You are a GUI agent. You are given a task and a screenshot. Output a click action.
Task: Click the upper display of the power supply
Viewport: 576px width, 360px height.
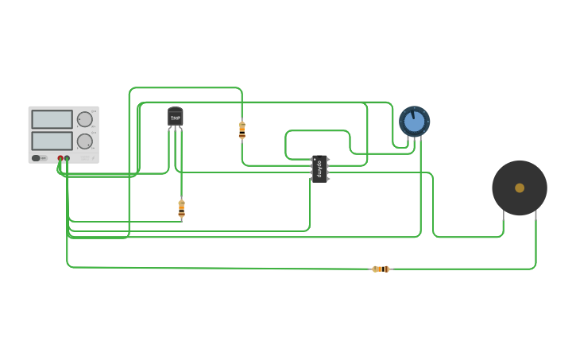pos(52,119)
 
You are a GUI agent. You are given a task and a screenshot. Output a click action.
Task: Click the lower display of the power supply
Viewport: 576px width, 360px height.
pos(52,141)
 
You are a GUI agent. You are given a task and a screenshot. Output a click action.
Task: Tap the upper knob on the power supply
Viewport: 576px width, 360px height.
pos(84,119)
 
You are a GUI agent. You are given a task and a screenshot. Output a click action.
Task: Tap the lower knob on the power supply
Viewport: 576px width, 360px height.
pos(84,141)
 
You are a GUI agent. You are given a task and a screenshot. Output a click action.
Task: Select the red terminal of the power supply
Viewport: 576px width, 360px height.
pos(60,158)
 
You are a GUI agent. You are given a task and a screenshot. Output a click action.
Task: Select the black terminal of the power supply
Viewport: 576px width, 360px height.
pos(67,158)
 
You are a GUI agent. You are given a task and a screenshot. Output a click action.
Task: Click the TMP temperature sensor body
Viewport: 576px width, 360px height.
pos(176,117)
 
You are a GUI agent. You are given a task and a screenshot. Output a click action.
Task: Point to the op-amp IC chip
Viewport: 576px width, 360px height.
pos(319,168)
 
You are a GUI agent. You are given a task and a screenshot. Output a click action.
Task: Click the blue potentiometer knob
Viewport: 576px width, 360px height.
pos(414,122)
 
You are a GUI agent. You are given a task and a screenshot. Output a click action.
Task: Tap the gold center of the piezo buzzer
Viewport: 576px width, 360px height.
pos(520,188)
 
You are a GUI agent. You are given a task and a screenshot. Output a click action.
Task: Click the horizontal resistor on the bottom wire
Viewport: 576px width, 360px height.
pos(381,269)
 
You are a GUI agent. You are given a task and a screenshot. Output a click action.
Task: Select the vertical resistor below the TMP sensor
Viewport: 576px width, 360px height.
pos(181,209)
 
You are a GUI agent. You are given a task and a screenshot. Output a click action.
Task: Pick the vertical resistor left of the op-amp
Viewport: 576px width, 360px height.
pos(242,130)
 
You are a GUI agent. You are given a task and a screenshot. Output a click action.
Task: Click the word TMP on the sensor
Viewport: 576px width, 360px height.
pos(176,118)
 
